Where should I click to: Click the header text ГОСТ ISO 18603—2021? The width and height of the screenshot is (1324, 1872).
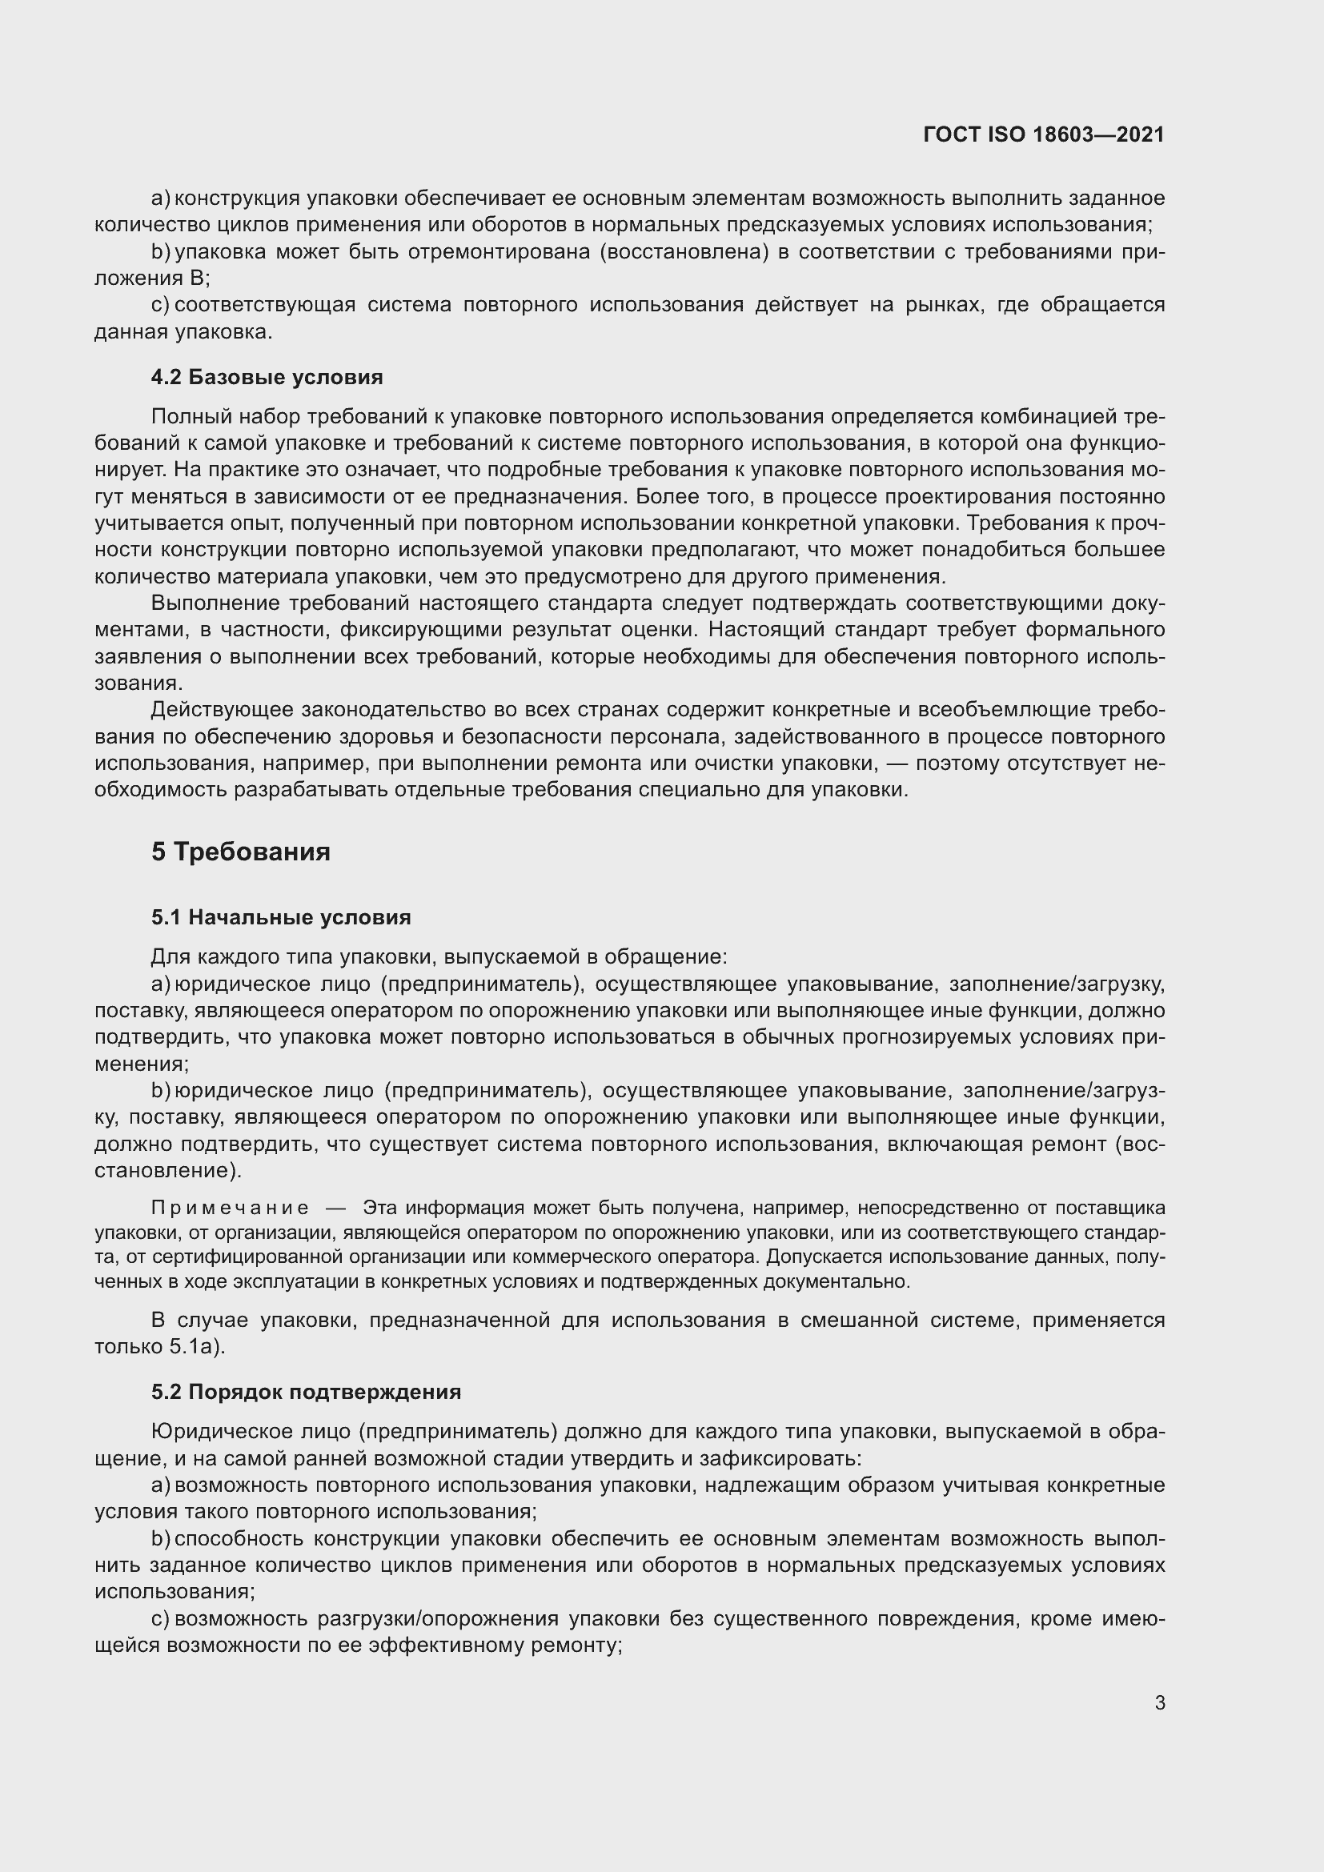1044,134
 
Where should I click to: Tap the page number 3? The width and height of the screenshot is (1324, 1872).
1159,1702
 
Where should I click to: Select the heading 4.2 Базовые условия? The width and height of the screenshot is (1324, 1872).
267,377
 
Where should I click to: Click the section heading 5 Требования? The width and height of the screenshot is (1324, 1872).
240,852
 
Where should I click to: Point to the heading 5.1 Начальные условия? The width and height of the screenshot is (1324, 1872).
280,917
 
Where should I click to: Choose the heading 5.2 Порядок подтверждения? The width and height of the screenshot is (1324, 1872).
306,1392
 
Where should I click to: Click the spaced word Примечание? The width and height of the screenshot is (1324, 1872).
230,1208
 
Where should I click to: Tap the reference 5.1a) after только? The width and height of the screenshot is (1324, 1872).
196,1346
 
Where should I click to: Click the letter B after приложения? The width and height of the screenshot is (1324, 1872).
196,279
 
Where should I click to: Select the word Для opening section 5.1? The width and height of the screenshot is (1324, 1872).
169,956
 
